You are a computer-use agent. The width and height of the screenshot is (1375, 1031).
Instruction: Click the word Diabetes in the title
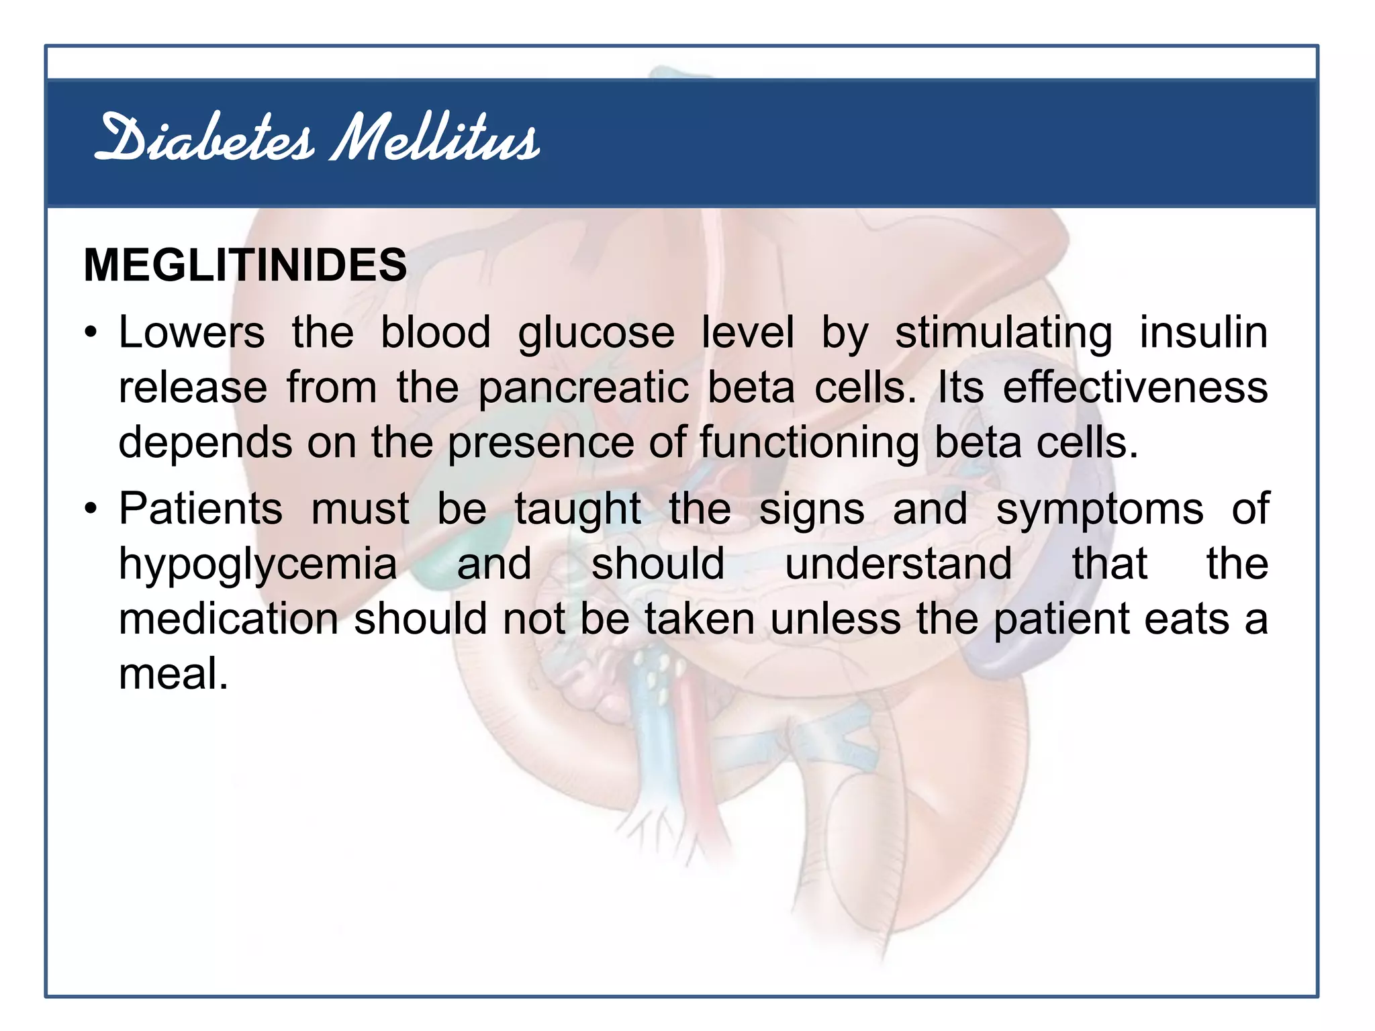tap(204, 139)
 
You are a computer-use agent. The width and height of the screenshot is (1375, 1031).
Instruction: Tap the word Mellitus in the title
tap(434, 139)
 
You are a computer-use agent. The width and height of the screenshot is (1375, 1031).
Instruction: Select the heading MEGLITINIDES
tap(245, 265)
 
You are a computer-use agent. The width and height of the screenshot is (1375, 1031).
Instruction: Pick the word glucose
tap(596, 334)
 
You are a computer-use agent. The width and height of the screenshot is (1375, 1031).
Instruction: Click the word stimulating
tap(1004, 334)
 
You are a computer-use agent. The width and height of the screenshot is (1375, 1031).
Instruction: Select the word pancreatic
tap(583, 389)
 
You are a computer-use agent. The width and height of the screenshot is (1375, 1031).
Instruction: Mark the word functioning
tap(809, 444)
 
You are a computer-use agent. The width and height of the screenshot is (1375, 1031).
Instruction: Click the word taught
tap(578, 509)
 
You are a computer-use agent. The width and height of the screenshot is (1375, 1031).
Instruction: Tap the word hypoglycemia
tap(258, 564)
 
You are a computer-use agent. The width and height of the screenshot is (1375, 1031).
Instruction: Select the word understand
tap(898, 563)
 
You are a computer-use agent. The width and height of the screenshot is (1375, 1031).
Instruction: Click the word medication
tap(228, 618)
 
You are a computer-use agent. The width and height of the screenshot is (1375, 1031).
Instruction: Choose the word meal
tap(173, 673)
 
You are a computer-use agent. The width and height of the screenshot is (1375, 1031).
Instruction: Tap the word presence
tap(540, 444)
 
